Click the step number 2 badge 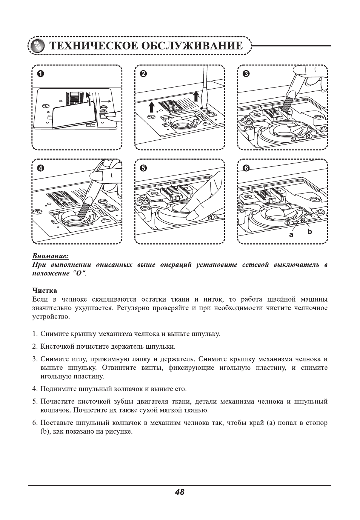tap(143, 74)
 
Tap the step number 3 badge tap(246, 74)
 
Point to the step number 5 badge tap(143, 168)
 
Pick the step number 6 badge tap(246, 168)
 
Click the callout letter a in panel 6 tap(291, 234)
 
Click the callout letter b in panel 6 tap(309, 232)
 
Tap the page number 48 tap(180, 492)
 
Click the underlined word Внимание tap(50, 256)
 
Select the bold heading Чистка tap(45, 290)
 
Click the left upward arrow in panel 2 tap(151, 106)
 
